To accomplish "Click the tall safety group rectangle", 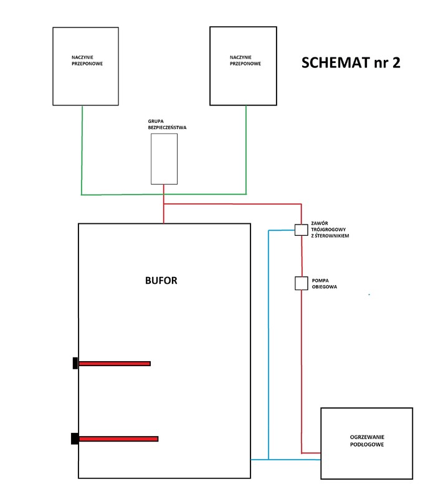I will tap(164, 158).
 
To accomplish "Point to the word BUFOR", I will tap(161, 281).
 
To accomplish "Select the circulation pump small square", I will tap(302, 284).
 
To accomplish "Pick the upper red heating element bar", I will tap(115, 363).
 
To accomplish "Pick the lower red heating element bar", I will tap(118, 438).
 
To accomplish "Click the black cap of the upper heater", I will tap(75, 363).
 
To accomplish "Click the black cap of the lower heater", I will tap(74, 438).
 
